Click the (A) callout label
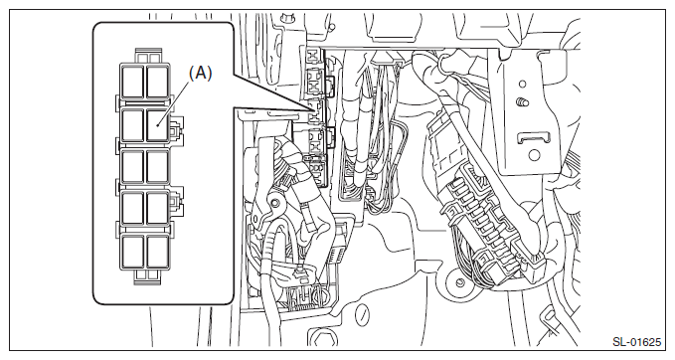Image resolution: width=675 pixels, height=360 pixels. (201, 74)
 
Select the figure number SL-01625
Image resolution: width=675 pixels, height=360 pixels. (636, 342)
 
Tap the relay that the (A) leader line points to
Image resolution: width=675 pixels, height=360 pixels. (157, 125)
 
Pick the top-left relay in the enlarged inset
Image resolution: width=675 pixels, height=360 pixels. (132, 82)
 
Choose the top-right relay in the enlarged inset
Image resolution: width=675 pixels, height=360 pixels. (157, 82)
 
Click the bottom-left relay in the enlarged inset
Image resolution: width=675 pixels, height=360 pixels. (132, 252)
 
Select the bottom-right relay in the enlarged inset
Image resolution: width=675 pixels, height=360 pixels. (157, 252)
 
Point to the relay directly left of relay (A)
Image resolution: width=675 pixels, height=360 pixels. (132, 125)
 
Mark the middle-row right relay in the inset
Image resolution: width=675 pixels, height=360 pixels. (157, 167)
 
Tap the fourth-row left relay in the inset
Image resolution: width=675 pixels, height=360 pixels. (132, 208)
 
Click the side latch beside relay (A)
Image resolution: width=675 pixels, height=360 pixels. (177, 129)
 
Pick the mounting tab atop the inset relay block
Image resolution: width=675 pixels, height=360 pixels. (148, 56)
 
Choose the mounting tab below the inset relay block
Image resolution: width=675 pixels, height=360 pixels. (148, 277)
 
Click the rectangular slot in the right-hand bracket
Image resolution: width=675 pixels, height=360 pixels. (534, 138)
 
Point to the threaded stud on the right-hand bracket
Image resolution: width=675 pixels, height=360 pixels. (522, 102)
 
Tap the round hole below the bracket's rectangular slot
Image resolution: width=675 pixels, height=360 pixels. (534, 155)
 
